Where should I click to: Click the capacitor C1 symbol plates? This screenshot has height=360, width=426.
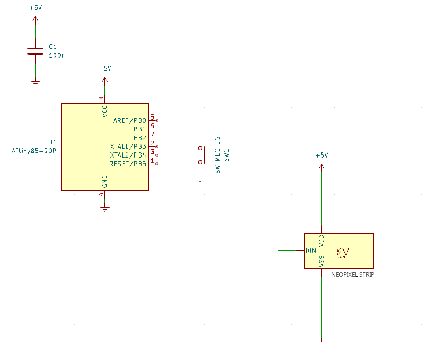pyautogui.click(x=35, y=51)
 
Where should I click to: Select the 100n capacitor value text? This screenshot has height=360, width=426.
pyautogui.click(x=57, y=55)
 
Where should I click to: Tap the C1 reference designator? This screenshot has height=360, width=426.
pyautogui.click(x=53, y=47)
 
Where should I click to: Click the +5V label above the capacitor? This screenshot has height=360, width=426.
pyautogui.click(x=36, y=8)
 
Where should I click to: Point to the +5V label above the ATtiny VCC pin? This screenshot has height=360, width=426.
pyautogui.click(x=105, y=68)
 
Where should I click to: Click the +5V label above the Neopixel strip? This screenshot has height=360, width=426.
pyautogui.click(x=322, y=155)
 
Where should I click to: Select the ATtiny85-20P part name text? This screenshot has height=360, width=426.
pyautogui.click(x=34, y=151)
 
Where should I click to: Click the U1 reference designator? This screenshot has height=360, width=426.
pyautogui.click(x=52, y=142)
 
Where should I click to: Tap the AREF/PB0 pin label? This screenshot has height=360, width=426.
pyautogui.click(x=129, y=120)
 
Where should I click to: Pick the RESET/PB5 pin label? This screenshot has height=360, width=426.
pyautogui.click(x=127, y=164)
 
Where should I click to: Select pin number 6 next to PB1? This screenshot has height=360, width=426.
pyautogui.click(x=152, y=126)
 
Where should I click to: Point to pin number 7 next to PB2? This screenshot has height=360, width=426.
pyautogui.click(x=152, y=135)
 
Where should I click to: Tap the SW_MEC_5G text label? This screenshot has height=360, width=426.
pyautogui.click(x=217, y=155)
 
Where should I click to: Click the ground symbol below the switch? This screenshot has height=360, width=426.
pyautogui.click(x=200, y=179)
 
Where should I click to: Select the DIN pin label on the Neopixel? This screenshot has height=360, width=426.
pyautogui.click(x=311, y=251)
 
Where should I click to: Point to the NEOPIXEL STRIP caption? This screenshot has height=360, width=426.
pyautogui.click(x=353, y=275)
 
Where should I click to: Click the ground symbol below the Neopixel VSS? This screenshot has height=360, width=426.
pyautogui.click(x=322, y=344)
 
